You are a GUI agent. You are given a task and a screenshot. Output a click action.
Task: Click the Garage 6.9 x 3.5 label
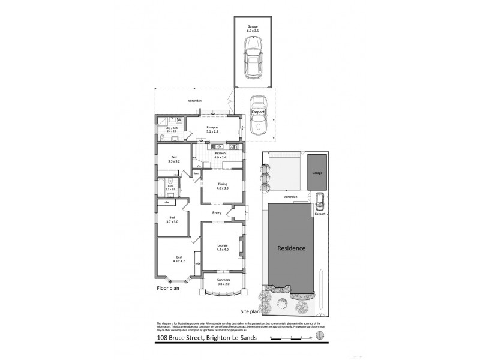[254, 29]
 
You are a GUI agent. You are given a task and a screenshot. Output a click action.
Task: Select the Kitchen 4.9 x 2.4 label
[218, 155]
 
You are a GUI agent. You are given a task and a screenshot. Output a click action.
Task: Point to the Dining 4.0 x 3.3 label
[222, 187]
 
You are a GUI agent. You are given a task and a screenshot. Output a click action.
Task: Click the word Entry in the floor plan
[217, 212]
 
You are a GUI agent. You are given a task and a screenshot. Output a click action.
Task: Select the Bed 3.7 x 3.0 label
[172, 220]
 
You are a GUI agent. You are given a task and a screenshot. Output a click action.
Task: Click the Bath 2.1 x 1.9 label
[170, 188]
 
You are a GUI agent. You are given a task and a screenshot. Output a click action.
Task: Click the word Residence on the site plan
[291, 248]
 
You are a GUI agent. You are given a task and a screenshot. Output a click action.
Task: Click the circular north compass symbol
[320, 336]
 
